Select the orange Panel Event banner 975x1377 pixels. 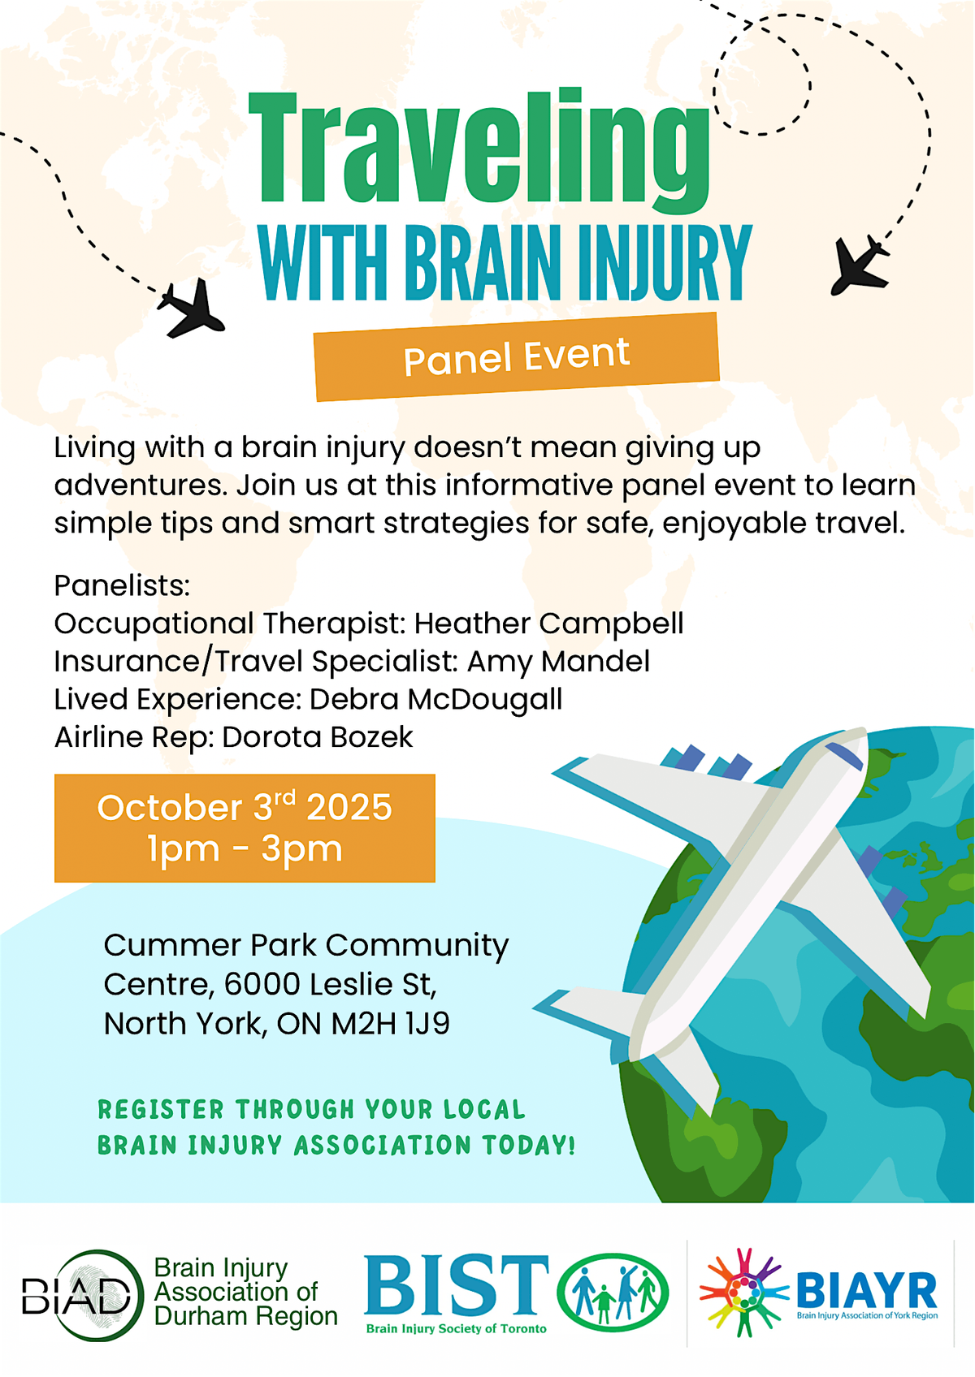pos(517,356)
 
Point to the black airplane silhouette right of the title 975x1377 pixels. pos(860,265)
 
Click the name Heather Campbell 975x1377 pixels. pos(548,624)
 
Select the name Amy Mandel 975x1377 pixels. pos(558,662)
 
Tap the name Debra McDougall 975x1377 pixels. pos(435,700)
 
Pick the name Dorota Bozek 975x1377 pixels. pos(318,737)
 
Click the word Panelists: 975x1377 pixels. pos(122,585)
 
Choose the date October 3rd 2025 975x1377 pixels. pos(245,806)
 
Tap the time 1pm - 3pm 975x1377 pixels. pos(245,849)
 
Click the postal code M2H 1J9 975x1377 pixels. pos(391,1024)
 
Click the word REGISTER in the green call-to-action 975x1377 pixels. pos(161,1110)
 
